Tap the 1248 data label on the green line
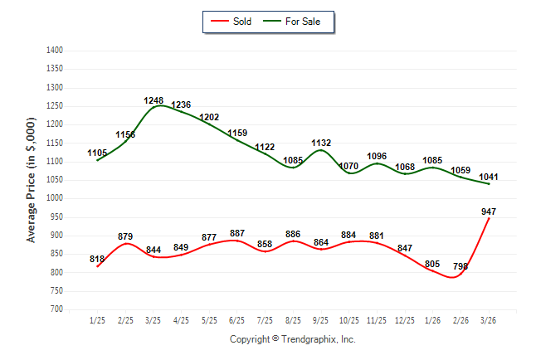(153, 101)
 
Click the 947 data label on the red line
(489, 212)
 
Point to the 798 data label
(460, 266)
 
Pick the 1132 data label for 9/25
(321, 144)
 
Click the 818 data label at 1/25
(97, 260)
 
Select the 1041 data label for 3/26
(489, 177)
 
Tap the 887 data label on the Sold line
(237, 234)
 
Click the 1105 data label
(97, 153)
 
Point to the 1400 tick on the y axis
(56, 51)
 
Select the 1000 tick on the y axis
(56, 198)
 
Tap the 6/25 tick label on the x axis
(237, 321)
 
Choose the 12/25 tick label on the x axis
(405, 321)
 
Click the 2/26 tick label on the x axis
(460, 321)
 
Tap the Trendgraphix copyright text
(292, 339)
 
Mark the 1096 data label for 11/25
(377, 156)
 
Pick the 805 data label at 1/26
(432, 264)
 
